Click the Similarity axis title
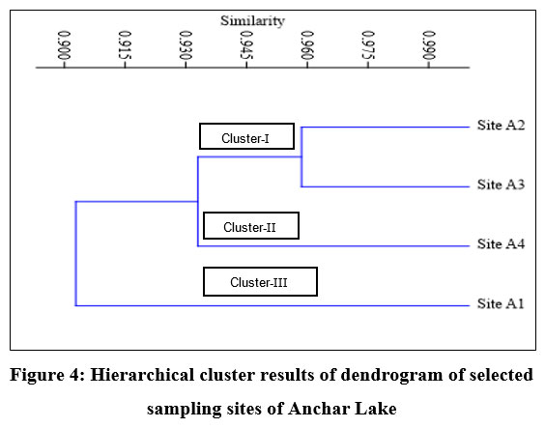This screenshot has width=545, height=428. (252, 21)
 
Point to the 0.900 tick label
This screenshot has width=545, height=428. (65, 45)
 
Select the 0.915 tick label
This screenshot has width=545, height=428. (125, 45)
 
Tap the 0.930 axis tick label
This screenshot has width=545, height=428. (186, 45)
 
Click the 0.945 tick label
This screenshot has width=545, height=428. (246, 45)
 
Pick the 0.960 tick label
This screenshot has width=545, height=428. (307, 45)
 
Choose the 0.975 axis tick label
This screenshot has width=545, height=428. (368, 45)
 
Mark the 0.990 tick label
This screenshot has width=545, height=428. (429, 45)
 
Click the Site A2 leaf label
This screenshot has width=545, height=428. (501, 125)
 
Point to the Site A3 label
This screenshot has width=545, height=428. (501, 185)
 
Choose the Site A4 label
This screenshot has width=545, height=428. (501, 243)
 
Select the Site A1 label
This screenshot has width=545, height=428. (501, 303)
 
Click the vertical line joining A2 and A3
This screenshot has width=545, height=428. (301, 157)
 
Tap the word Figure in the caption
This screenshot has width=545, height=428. (37, 376)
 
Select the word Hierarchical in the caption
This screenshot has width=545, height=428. (142, 375)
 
